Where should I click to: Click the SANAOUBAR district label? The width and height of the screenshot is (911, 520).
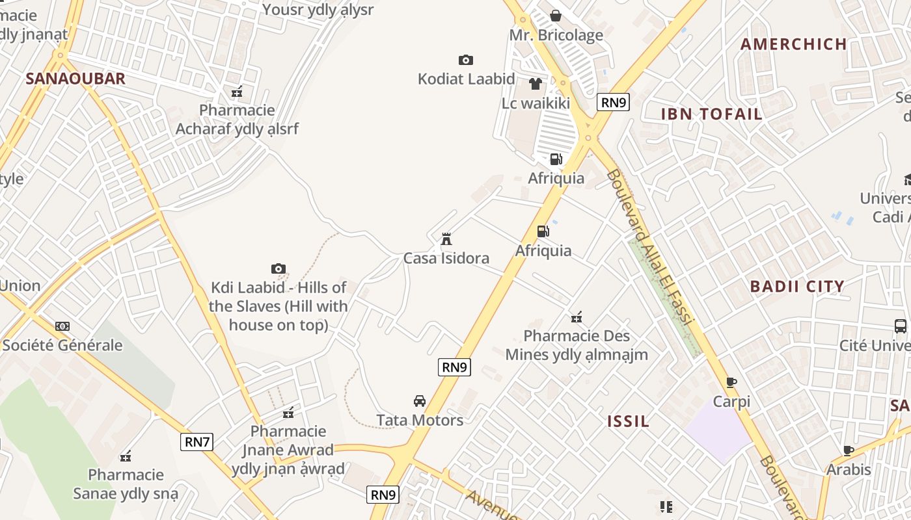(x=75, y=79)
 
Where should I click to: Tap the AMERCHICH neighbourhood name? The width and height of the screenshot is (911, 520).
(x=794, y=44)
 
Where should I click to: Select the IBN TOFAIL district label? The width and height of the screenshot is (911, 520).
(x=712, y=114)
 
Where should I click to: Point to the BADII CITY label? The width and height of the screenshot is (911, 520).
(x=797, y=286)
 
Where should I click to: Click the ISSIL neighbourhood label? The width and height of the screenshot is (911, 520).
(x=628, y=421)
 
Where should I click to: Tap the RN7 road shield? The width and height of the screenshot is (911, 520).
(x=197, y=442)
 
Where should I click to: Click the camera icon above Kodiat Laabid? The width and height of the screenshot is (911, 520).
(x=466, y=60)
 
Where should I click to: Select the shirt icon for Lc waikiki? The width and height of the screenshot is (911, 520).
(x=536, y=83)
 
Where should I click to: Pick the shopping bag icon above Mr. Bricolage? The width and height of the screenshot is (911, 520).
(x=556, y=16)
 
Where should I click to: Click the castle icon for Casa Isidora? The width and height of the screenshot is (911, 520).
(x=446, y=239)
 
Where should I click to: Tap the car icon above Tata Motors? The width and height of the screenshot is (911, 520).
(x=420, y=400)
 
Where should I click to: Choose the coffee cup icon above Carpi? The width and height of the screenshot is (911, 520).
(x=731, y=382)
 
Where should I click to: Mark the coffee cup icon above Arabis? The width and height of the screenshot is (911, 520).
(x=849, y=450)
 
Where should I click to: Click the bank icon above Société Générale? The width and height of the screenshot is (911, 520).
(x=62, y=326)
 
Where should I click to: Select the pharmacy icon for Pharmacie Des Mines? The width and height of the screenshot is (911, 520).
(x=577, y=317)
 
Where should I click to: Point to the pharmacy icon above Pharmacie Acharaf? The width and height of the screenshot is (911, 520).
(x=237, y=92)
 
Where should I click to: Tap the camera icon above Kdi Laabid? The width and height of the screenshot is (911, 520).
(x=279, y=268)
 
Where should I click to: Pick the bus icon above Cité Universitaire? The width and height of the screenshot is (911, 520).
(x=901, y=326)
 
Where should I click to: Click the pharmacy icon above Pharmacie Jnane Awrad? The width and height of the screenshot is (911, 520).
(x=288, y=412)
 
